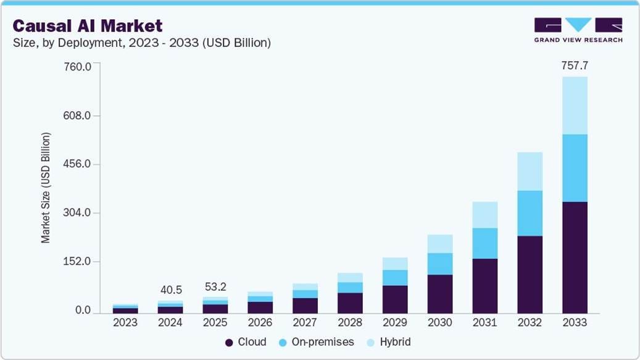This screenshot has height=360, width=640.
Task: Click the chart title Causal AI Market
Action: point(88,26)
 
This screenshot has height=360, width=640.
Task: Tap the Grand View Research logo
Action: point(578,30)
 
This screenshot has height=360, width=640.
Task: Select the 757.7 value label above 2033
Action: point(574,65)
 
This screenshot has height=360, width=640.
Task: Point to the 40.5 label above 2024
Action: point(170,289)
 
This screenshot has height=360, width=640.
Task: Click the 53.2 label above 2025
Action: point(215,287)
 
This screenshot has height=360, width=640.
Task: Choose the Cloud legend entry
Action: point(246,341)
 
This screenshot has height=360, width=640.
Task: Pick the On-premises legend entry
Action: point(315,341)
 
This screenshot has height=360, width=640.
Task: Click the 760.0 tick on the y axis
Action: point(78,67)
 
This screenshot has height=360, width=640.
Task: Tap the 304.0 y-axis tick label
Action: point(78,213)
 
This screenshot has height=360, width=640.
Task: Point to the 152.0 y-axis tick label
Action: point(78,262)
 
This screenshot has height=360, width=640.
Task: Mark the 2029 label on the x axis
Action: point(395,322)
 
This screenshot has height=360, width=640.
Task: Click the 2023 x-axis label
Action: point(125,322)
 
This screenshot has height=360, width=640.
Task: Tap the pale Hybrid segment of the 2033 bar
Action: point(574,105)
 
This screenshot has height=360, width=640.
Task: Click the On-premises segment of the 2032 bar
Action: point(530,213)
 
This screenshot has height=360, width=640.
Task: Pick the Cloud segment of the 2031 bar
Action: point(484,285)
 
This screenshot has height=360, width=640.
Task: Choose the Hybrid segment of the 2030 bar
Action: point(439,243)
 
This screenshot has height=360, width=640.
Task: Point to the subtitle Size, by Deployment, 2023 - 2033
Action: point(142,43)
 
